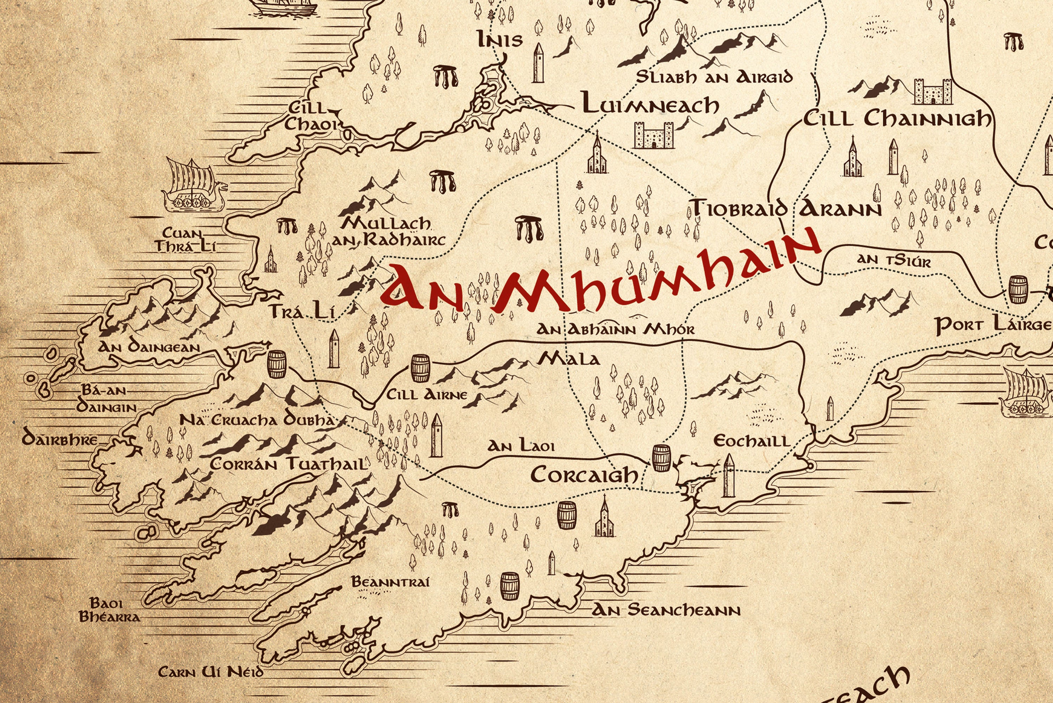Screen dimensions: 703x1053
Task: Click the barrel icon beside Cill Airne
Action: pyautogui.click(x=420, y=368)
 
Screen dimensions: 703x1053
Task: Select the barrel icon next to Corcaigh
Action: pyautogui.click(x=661, y=458)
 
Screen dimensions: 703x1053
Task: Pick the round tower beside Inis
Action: pyautogui.click(x=538, y=63)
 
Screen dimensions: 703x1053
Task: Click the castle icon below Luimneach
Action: pyautogui.click(x=654, y=135)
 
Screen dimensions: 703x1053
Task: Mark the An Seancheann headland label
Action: pyautogui.click(x=666, y=610)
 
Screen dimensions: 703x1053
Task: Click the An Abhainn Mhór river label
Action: pyautogui.click(x=615, y=330)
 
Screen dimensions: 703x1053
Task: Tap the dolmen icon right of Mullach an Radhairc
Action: pyautogui.click(x=529, y=228)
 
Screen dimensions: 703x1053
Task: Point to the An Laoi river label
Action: pyautogui.click(x=521, y=446)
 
